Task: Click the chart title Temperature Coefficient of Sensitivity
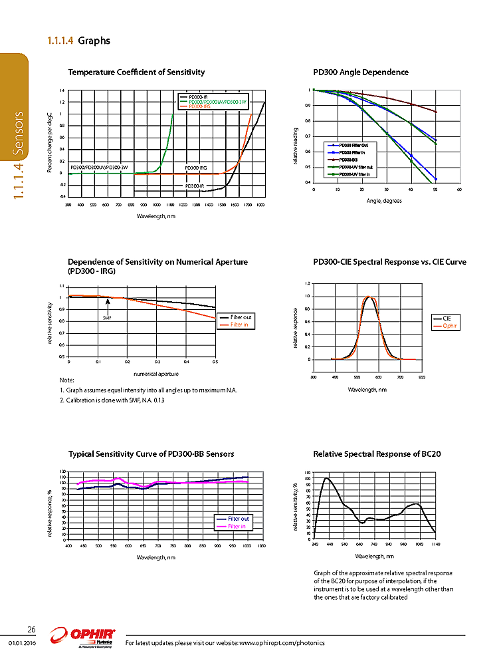136,72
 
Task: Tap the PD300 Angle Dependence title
360,72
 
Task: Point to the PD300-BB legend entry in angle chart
349,160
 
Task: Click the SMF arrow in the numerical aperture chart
107,307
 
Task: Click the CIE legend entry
445,318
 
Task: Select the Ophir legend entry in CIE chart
447,326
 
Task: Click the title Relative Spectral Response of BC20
377,454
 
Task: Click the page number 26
31,630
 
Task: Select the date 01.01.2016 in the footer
21,644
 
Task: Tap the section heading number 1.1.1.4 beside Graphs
60,41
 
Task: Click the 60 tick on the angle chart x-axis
459,190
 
